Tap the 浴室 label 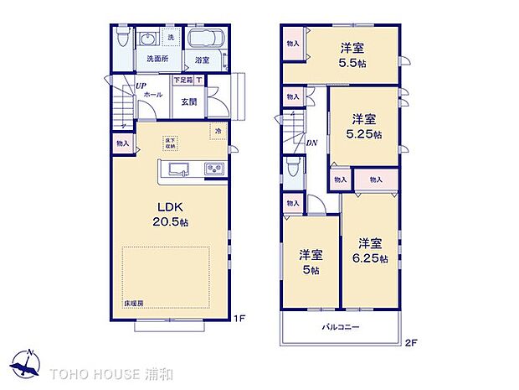coord(202,60)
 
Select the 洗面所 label coord(158,59)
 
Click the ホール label coord(153,96)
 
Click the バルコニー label coord(341,327)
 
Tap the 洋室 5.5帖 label coord(355,55)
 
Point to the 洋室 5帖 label coord(311,263)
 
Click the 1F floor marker coord(239,318)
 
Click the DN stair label coord(311,143)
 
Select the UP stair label coord(141,86)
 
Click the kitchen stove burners coord(213,170)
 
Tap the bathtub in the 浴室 coord(203,39)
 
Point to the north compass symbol coord(31,363)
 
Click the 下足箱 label coord(182,81)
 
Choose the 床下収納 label coord(170,142)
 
